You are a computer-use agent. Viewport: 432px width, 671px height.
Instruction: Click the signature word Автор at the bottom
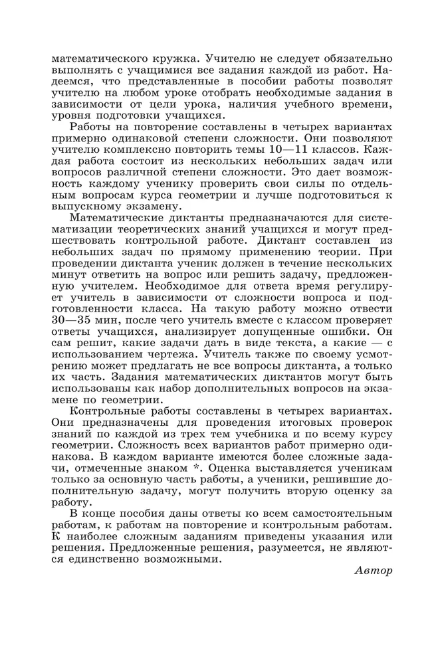click(x=374, y=571)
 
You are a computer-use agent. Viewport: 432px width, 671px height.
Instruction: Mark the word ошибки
click(x=346, y=330)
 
